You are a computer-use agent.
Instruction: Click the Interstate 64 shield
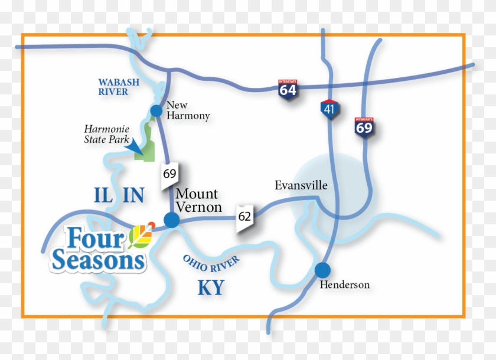pos(288,90)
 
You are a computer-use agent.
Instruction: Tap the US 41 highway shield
pos(328,109)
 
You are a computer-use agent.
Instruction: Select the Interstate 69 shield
pos(364,126)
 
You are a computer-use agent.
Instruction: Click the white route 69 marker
pos(170,175)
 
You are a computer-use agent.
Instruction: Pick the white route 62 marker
pos(245,217)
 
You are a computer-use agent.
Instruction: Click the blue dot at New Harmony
pos(156,110)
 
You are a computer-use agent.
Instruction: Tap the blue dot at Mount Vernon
pos(171,220)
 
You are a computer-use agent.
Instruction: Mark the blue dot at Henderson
pos(322,270)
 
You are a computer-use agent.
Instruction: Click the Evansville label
pos(301,185)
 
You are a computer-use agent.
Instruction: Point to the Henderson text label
pos(344,285)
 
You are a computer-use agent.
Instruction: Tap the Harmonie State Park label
pos(106,134)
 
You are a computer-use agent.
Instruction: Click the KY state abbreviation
pos(211,287)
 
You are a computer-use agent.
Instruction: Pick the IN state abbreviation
pos(133,195)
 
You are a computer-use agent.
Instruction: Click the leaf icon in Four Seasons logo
pos(141,237)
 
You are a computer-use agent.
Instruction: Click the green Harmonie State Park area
pos(148,142)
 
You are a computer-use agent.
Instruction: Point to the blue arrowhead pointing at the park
pos(135,144)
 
